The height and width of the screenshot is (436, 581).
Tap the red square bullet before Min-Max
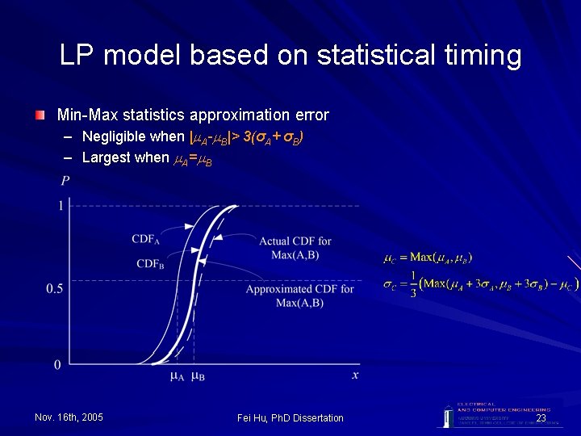(40, 115)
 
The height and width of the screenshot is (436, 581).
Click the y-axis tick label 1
(59, 207)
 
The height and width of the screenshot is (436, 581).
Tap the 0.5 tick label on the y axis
(54, 288)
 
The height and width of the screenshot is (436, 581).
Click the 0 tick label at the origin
(56, 365)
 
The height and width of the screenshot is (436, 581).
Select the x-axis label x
(355, 375)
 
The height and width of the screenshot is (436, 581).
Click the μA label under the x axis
(178, 376)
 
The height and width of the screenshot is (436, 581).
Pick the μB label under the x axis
(198, 376)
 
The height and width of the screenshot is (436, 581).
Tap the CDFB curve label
(151, 264)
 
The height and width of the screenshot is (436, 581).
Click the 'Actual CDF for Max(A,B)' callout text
(295, 247)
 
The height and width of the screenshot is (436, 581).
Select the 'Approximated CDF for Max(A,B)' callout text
(299, 296)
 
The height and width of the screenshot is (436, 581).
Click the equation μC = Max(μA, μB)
(427, 258)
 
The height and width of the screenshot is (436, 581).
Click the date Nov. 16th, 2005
(69, 417)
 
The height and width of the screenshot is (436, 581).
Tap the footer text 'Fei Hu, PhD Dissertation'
(290, 417)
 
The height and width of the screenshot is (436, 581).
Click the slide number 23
(541, 417)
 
